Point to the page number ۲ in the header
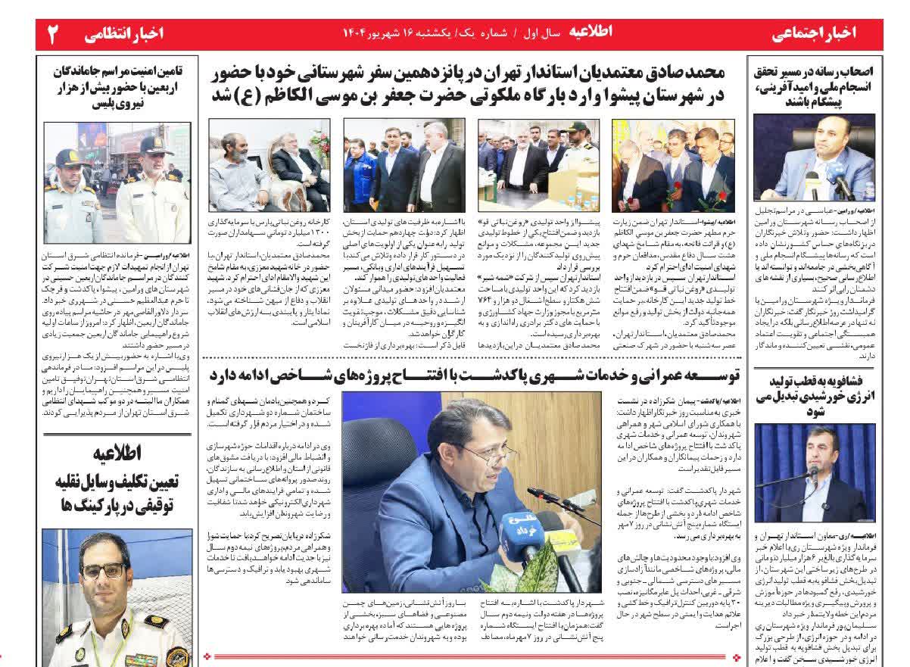tap(55, 34)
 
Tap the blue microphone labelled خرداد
tap(521, 528)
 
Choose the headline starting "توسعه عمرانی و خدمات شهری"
tap(470, 374)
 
